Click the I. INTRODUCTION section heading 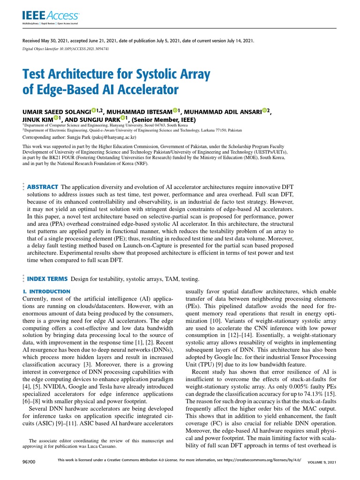pos(47,292)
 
